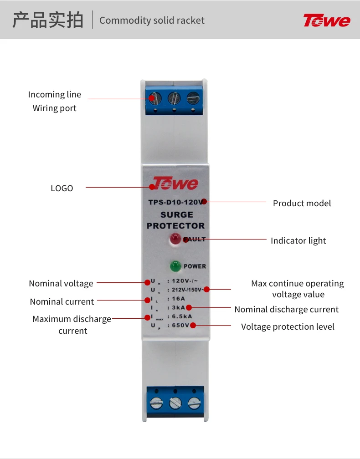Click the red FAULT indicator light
point(175,239)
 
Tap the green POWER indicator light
point(175,266)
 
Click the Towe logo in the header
point(327,20)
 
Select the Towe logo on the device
point(175,184)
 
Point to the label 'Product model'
point(302,203)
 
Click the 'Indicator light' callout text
point(298,240)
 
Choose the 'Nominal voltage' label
point(61,283)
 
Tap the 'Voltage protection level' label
point(288,326)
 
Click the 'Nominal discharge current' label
point(286,310)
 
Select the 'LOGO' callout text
point(62,188)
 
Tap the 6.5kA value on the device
point(181,316)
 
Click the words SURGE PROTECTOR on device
point(175,220)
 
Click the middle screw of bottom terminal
point(175,403)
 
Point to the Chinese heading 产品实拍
point(48,20)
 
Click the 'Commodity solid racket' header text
point(152,20)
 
